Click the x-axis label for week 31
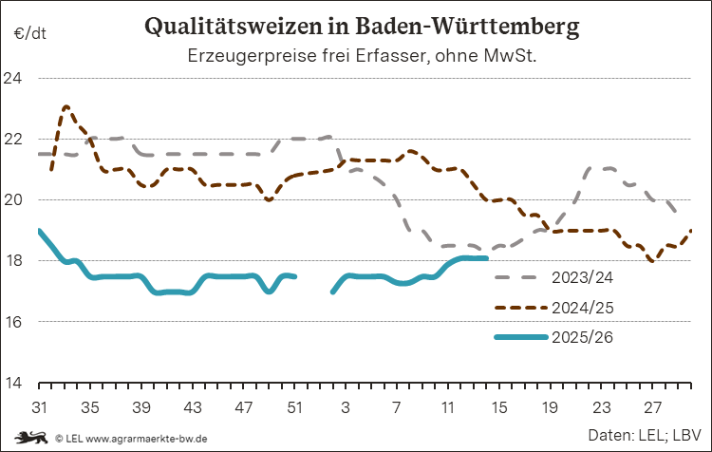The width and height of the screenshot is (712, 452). pyautogui.click(x=39, y=406)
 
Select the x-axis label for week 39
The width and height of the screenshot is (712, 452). pyautogui.click(x=141, y=406)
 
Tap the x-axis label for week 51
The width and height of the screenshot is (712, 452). pyautogui.click(x=295, y=406)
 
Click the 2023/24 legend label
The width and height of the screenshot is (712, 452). pyautogui.click(x=579, y=278)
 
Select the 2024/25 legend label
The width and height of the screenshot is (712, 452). pyautogui.click(x=579, y=308)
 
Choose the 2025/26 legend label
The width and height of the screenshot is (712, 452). pyautogui.click(x=579, y=336)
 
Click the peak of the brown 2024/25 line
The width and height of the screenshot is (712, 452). pyautogui.click(x=66, y=107)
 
